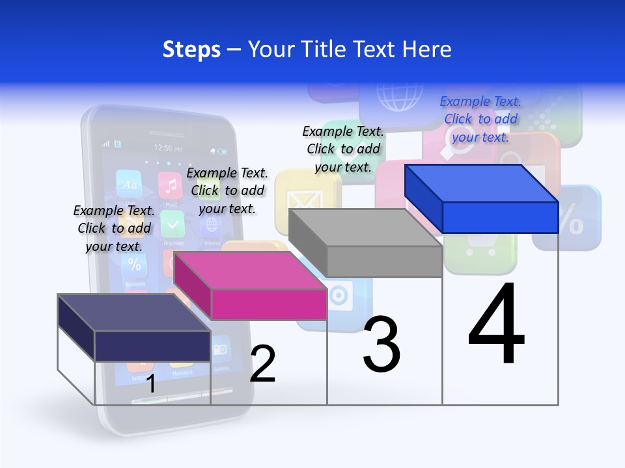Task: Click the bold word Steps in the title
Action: click(191, 49)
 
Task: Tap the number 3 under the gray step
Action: click(382, 344)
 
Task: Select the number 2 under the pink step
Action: click(262, 364)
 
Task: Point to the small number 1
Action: click(151, 383)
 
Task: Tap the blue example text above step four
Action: click(480, 119)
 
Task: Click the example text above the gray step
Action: click(343, 149)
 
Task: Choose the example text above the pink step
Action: click(227, 190)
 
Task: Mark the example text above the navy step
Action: click(114, 228)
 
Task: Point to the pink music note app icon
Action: click(171, 186)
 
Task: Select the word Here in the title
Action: click(428, 49)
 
